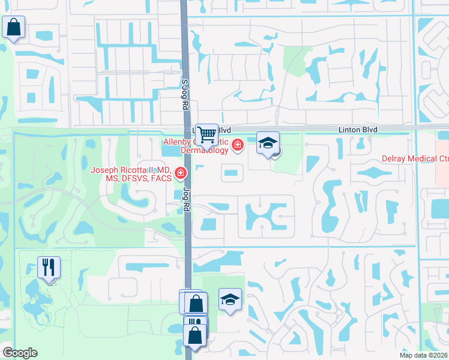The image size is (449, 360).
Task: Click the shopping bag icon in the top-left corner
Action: click(x=13, y=28)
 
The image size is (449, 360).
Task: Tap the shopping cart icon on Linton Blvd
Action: click(x=207, y=134)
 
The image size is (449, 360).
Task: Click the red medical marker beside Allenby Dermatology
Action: click(x=238, y=145)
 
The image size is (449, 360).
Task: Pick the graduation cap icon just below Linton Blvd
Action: click(x=268, y=143)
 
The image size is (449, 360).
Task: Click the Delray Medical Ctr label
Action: click(x=415, y=159)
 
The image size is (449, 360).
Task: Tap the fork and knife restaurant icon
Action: click(x=49, y=267)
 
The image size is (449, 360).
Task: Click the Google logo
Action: click(x=20, y=353)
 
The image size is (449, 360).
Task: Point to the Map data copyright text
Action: click(x=424, y=355)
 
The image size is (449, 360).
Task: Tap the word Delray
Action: click(x=395, y=159)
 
